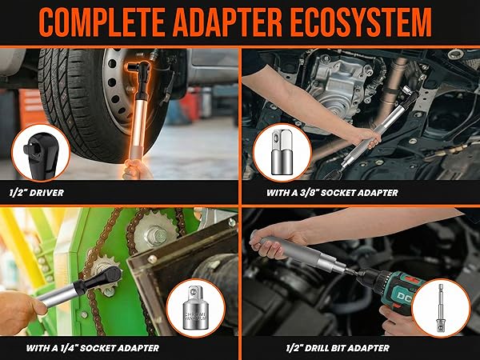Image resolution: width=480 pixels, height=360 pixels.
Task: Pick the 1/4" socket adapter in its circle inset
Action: point(195,306)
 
